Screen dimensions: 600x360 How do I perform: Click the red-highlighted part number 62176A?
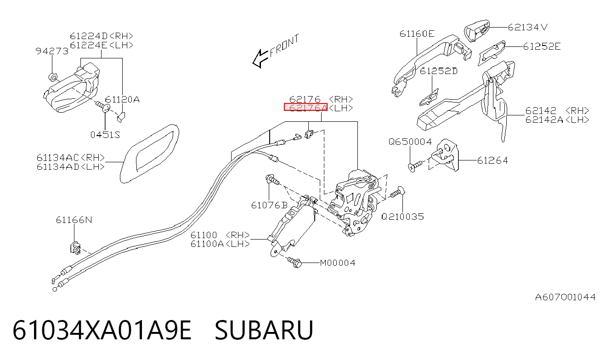point(306,107)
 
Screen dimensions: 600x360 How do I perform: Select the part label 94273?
point(52,51)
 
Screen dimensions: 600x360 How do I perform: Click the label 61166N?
point(74,220)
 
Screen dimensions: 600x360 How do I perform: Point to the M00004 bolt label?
point(338,263)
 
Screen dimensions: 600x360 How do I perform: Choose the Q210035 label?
point(402,217)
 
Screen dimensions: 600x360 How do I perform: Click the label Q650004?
point(410,142)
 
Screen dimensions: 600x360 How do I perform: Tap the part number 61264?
point(492,160)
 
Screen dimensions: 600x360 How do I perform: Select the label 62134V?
point(528,27)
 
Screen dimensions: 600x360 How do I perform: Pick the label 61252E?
point(542,46)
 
